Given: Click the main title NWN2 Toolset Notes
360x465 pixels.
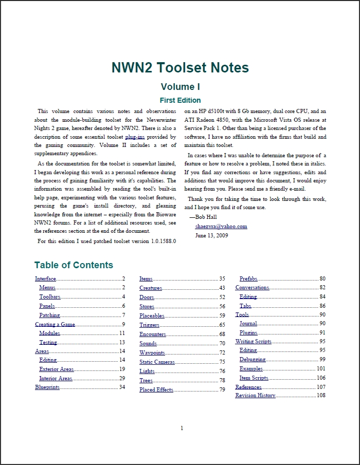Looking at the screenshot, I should [180, 67].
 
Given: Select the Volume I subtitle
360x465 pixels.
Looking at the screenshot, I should [180, 86].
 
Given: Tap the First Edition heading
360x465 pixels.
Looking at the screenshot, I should [180, 100].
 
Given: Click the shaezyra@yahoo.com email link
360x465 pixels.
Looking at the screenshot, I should [221, 226].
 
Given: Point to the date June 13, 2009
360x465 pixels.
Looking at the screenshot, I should [211, 235].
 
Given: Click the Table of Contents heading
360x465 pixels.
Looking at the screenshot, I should [74, 265].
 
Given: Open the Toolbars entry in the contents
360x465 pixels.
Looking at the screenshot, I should [50, 297].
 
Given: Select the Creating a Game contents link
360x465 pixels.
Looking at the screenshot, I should [55, 325].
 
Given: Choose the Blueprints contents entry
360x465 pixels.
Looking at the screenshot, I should [47, 387].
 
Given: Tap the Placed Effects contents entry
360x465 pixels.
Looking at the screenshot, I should [156, 390].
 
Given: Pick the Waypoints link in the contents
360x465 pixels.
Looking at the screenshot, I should [152, 353].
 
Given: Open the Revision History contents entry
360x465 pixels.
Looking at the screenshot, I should [256, 396].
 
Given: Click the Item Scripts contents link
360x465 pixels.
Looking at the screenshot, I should [254, 378].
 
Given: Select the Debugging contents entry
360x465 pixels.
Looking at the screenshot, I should [253, 360].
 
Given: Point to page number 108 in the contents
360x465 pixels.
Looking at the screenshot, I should [321, 396].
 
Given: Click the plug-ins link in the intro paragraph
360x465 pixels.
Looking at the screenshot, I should [135, 137].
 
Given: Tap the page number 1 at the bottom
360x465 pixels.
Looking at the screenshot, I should [182, 428].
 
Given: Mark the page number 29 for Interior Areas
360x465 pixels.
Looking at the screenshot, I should [122, 378].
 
